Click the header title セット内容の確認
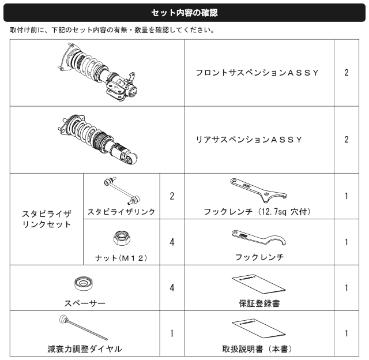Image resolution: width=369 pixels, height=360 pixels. point(184,13)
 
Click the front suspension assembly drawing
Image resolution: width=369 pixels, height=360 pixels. point(97,72)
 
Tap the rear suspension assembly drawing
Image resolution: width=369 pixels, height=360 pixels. point(97,140)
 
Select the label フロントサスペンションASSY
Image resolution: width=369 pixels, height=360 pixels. point(257,73)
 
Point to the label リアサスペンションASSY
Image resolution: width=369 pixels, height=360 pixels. point(249,140)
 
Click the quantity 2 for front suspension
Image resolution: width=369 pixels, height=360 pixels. point(347,73)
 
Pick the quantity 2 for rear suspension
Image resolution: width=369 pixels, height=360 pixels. point(347,140)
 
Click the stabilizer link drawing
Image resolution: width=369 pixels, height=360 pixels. point(122,190)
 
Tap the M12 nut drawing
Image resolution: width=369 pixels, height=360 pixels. point(122,238)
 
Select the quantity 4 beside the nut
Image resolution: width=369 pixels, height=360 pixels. point(172,242)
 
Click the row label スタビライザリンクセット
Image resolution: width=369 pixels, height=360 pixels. point(46,219)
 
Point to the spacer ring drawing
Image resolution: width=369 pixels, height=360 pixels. point(83,283)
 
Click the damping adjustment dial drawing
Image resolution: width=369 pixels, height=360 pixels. point(83,328)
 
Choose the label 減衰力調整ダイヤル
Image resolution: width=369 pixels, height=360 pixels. point(85,349)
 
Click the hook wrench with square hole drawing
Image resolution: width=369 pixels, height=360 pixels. point(258,190)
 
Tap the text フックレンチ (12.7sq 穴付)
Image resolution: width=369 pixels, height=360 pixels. point(257,212)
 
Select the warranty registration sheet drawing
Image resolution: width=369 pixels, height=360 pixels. point(259,284)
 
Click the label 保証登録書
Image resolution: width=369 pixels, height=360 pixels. point(259,303)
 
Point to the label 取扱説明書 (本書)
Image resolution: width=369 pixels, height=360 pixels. point(257,349)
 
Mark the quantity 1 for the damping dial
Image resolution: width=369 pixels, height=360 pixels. point(172,333)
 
